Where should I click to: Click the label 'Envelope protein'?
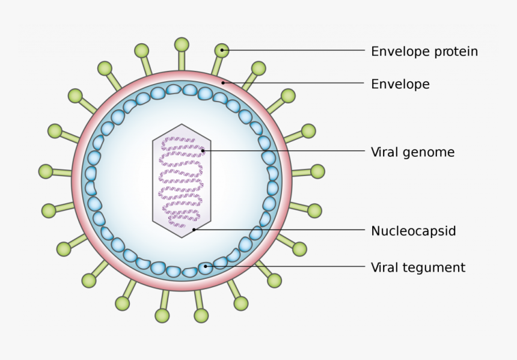point(424,52)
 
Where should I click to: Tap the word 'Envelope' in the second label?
point(400,84)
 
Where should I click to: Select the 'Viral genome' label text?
point(412,153)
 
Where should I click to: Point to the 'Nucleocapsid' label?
point(414,231)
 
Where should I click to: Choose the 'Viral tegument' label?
point(418,267)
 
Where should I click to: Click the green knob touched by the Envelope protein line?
point(222,50)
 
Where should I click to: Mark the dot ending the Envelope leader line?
point(223,82)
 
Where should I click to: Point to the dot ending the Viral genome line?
point(203,150)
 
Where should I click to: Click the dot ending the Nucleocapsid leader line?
point(194,229)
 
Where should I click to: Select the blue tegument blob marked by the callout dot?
point(206,266)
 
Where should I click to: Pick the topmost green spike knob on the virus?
point(182,44)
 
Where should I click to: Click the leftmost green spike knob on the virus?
point(46,171)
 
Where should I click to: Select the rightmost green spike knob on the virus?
point(317,171)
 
